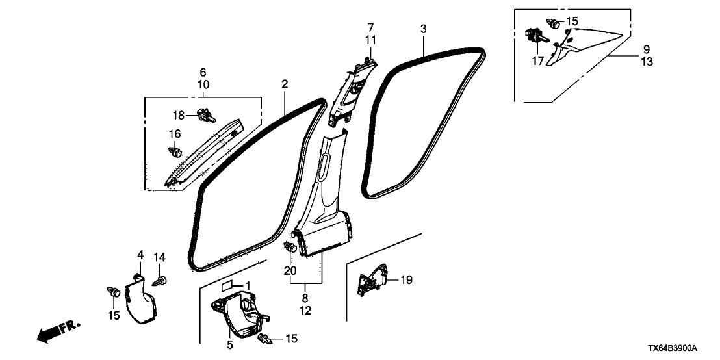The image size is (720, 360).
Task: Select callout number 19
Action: coord(406,280)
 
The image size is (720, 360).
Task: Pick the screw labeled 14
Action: coord(159,281)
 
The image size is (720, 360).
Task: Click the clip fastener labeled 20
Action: coord(292,248)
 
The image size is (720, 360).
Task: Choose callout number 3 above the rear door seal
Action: coord(423,29)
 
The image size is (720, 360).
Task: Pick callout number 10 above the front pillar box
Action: coord(203,85)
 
